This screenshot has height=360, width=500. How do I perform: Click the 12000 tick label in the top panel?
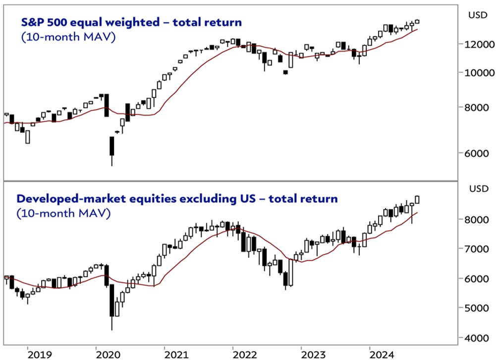(480, 44)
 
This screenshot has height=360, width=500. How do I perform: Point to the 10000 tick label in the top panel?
(480, 72)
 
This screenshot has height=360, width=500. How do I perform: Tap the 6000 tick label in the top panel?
(480, 153)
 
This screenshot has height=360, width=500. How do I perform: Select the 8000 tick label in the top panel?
(480, 107)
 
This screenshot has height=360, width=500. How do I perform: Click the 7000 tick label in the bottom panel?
(480, 249)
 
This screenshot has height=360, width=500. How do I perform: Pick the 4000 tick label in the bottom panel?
(480, 338)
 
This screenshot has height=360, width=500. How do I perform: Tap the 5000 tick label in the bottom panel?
(480, 308)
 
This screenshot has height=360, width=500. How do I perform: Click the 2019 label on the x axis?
(40, 354)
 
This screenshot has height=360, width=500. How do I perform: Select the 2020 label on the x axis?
(108, 354)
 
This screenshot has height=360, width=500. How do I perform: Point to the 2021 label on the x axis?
(177, 354)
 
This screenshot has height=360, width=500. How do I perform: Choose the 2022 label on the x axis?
(245, 354)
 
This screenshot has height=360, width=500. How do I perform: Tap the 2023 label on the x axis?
(314, 354)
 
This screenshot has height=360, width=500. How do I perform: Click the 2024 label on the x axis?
(382, 354)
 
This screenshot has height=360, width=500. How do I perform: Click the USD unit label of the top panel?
(478, 15)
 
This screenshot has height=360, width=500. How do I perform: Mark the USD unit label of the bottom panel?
(478, 189)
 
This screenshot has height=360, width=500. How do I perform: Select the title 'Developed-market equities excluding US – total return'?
(177, 199)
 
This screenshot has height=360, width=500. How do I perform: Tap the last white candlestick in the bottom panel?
(417, 199)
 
